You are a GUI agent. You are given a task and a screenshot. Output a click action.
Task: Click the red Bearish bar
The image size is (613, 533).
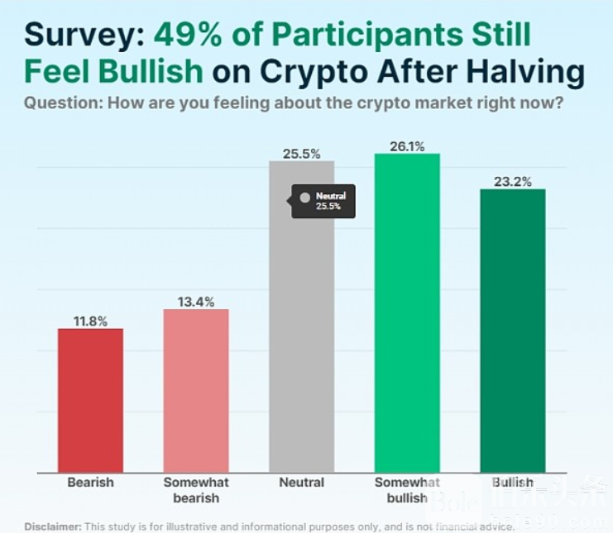[x=90, y=401]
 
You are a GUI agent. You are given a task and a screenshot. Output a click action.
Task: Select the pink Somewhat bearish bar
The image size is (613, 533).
[x=196, y=391]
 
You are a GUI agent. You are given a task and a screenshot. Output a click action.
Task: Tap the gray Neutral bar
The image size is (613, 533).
[x=302, y=347]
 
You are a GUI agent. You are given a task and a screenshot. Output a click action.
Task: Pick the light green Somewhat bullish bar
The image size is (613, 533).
[x=407, y=314]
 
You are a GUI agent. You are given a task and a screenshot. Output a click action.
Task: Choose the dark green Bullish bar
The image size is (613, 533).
[x=513, y=331]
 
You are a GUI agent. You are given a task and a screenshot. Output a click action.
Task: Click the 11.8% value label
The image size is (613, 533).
[x=90, y=321]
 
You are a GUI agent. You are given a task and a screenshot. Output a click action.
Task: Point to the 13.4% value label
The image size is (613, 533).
[x=196, y=302]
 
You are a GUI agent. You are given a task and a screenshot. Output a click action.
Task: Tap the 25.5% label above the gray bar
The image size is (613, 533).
[x=302, y=154]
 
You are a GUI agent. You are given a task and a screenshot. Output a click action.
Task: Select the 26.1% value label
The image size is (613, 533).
[x=407, y=146]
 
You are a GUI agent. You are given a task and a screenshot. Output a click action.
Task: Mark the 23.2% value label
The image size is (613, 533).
[x=513, y=182]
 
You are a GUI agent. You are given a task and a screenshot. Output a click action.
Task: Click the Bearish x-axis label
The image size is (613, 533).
[x=90, y=483]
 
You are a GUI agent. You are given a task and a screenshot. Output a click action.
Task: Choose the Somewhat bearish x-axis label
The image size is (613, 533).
[x=196, y=489]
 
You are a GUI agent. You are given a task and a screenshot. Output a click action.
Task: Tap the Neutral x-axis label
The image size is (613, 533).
[x=302, y=483]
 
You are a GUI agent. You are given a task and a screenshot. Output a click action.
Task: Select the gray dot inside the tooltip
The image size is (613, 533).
[x=304, y=197]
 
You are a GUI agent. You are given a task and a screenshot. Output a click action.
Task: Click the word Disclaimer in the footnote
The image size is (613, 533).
[x=52, y=526]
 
